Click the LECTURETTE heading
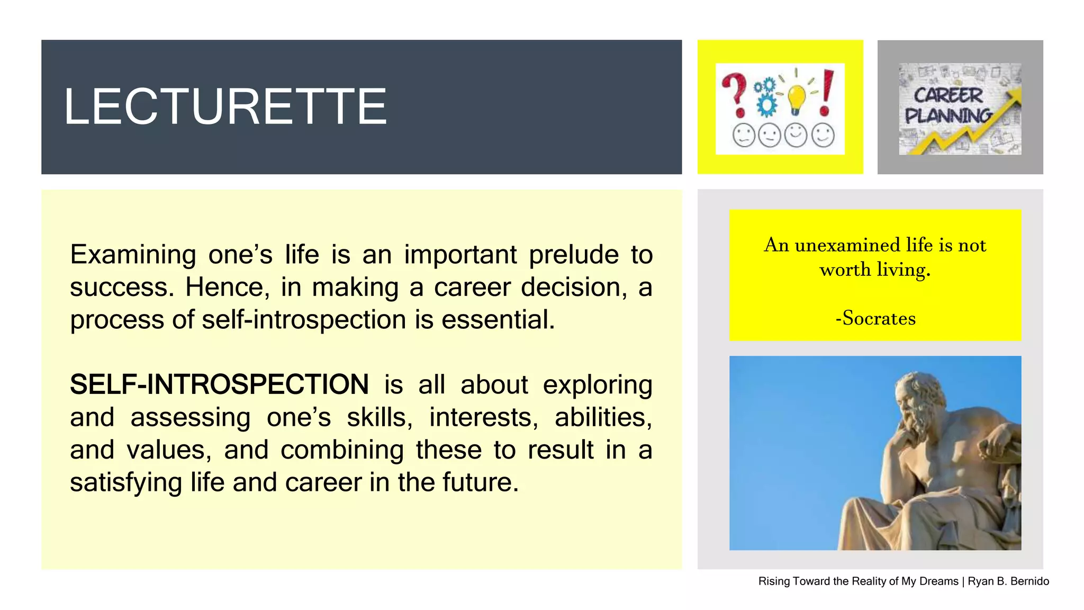pyautogui.click(x=225, y=107)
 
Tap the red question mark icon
pyautogui.click(x=735, y=94)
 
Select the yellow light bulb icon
pyautogui.click(x=797, y=97)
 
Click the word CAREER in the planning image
pyautogui.click(x=948, y=95)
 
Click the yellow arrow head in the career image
pyautogui.click(x=1013, y=96)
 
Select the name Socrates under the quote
pyautogui.click(x=879, y=318)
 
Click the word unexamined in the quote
pyautogui.click(x=847, y=245)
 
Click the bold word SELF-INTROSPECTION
pyautogui.click(x=219, y=384)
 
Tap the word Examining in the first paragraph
pyautogui.click(x=133, y=255)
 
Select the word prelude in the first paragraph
pyautogui.click(x=574, y=255)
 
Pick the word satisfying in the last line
pyautogui.click(x=126, y=482)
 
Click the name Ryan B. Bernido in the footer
pyautogui.click(x=1008, y=581)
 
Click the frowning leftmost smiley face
pyautogui.click(x=743, y=135)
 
